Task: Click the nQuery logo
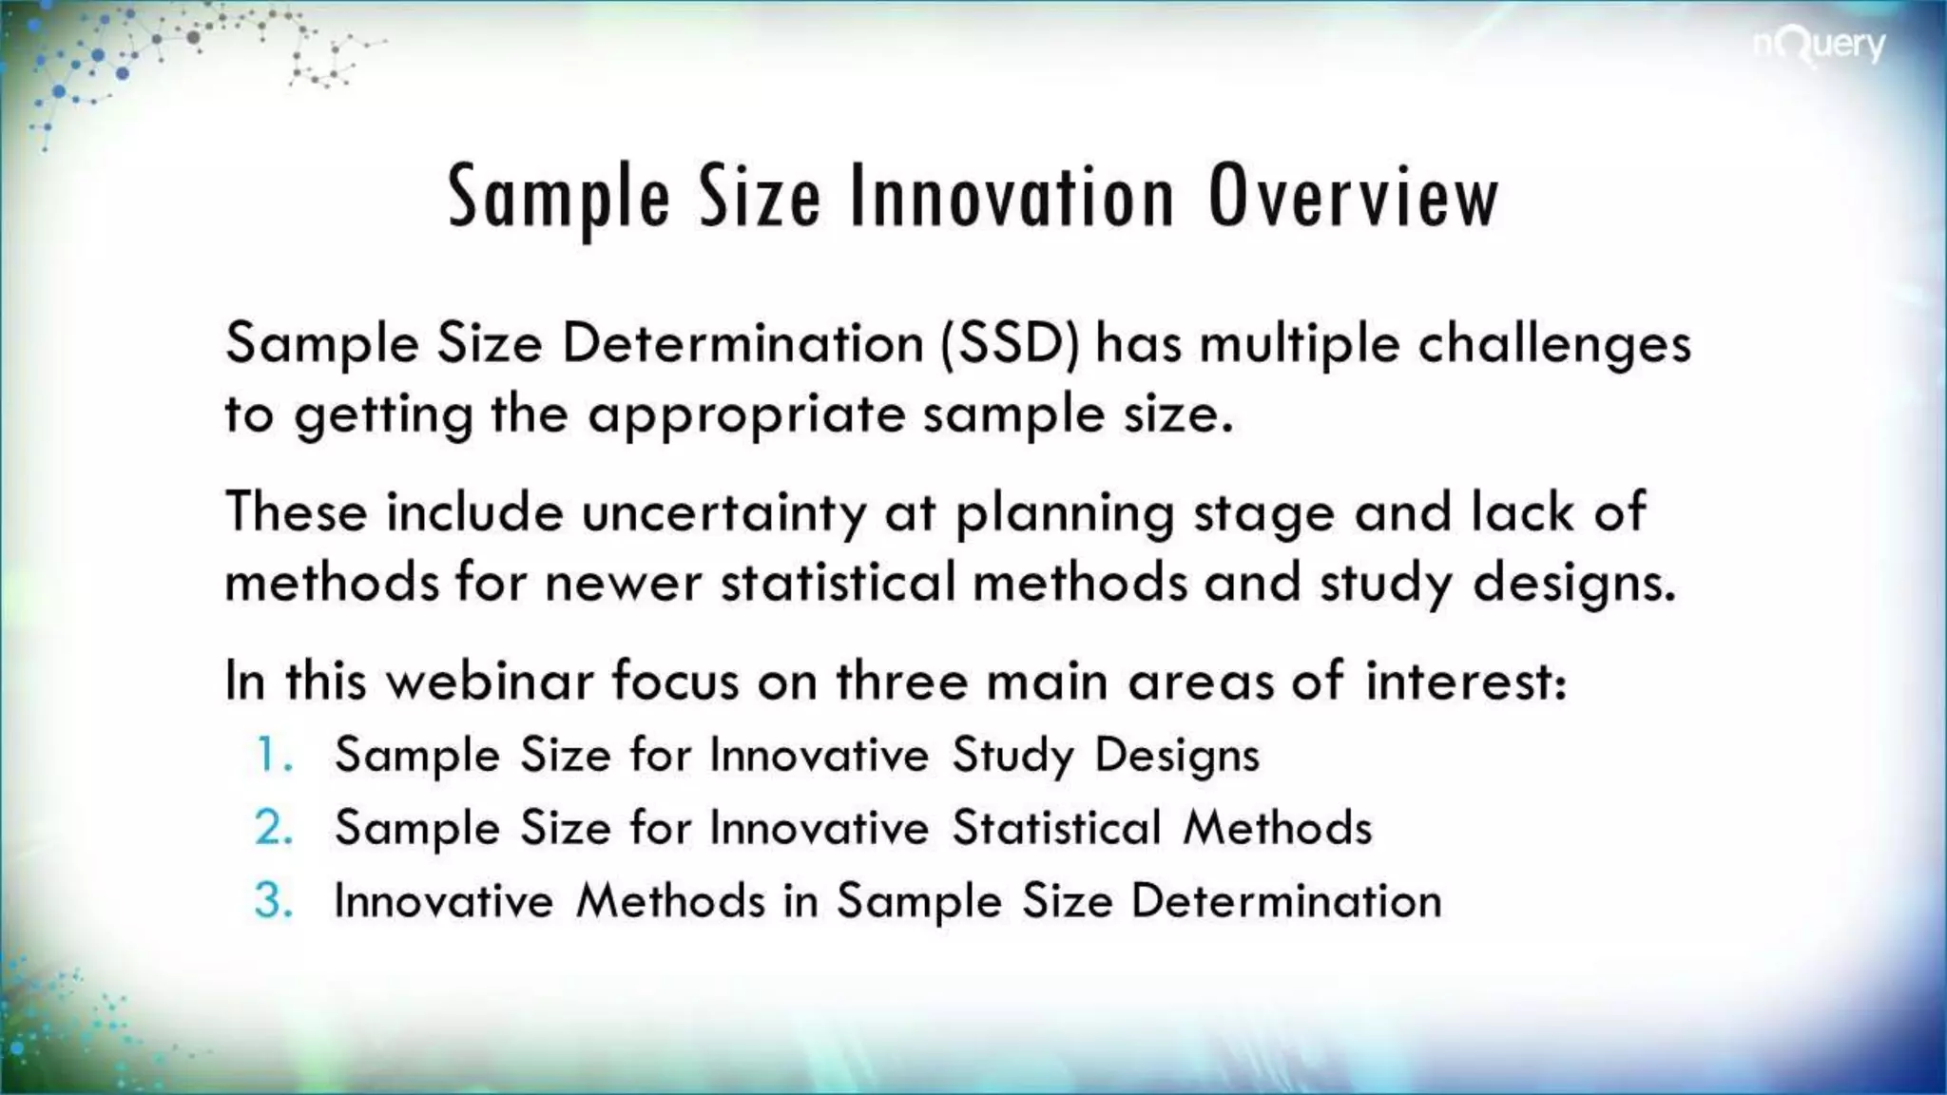coord(1819,46)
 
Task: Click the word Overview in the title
coord(1354,198)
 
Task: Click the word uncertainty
coord(723,513)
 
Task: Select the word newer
coord(623,582)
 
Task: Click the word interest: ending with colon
coord(1465,681)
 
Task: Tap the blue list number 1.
coord(273,755)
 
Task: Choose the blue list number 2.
coord(273,827)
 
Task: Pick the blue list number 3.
coord(273,900)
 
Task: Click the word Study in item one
coord(1012,757)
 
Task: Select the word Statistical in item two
coord(1056,827)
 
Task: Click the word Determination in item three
coord(1285,900)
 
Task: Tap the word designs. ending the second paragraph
coord(1573,584)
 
